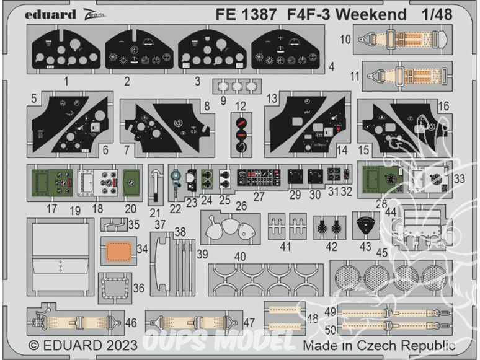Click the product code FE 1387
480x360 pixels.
238,14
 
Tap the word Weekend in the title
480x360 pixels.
367,14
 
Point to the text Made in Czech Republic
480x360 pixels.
379,346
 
